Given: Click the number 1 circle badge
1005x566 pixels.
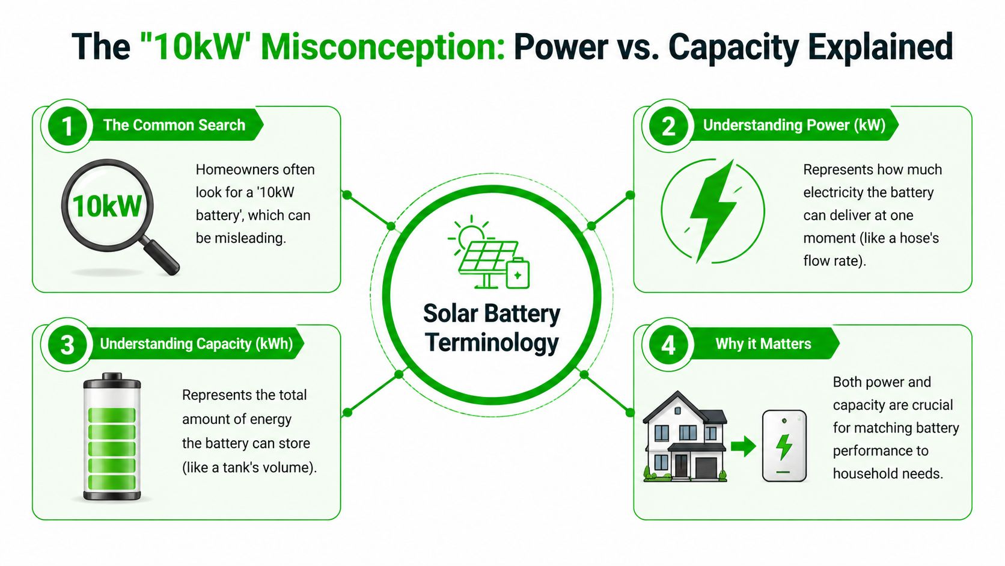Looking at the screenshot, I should click(x=67, y=126).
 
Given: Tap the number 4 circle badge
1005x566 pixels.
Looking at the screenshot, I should click(x=668, y=345).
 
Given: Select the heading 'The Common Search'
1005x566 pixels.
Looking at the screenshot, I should click(x=174, y=125).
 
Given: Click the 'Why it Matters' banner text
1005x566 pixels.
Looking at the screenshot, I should click(x=763, y=343).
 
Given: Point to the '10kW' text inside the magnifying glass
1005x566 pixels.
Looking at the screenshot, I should click(x=107, y=206).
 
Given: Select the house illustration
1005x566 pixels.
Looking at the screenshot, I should click(x=685, y=437).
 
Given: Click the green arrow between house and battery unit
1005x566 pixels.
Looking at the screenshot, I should click(x=743, y=446).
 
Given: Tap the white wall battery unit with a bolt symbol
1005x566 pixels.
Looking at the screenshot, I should click(x=784, y=446).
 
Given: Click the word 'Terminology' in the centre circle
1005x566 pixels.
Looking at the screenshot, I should click(x=492, y=343).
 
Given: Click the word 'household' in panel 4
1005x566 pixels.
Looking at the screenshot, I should click(x=861, y=474).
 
